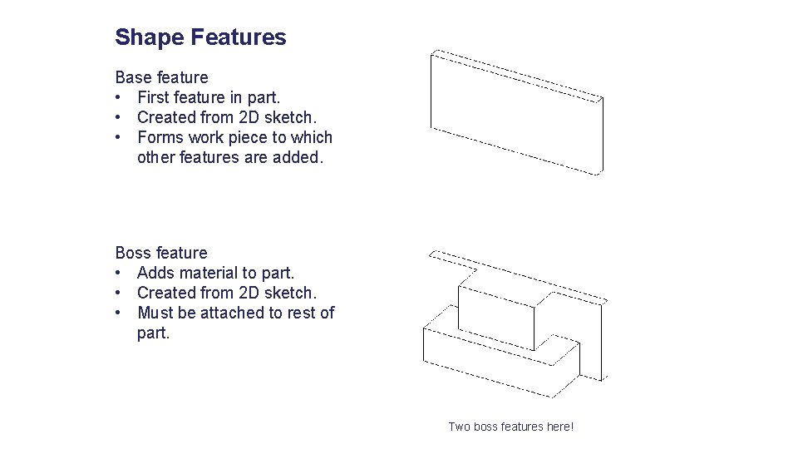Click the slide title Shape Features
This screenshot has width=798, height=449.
coord(200,37)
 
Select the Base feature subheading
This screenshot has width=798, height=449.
coord(161,77)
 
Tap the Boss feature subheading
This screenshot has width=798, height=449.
coord(161,253)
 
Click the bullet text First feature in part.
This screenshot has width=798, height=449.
coord(209,97)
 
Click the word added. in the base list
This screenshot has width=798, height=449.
coord(297,157)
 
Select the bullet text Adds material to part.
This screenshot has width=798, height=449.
coord(215,273)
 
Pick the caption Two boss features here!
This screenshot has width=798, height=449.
coord(510,427)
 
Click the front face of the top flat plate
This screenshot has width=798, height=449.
coord(515,116)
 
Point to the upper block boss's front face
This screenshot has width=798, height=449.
coord(495,319)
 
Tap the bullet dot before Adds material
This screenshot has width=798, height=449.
coord(121,273)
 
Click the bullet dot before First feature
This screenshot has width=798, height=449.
coord(121,97)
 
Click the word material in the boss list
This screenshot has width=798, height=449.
coord(212,273)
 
